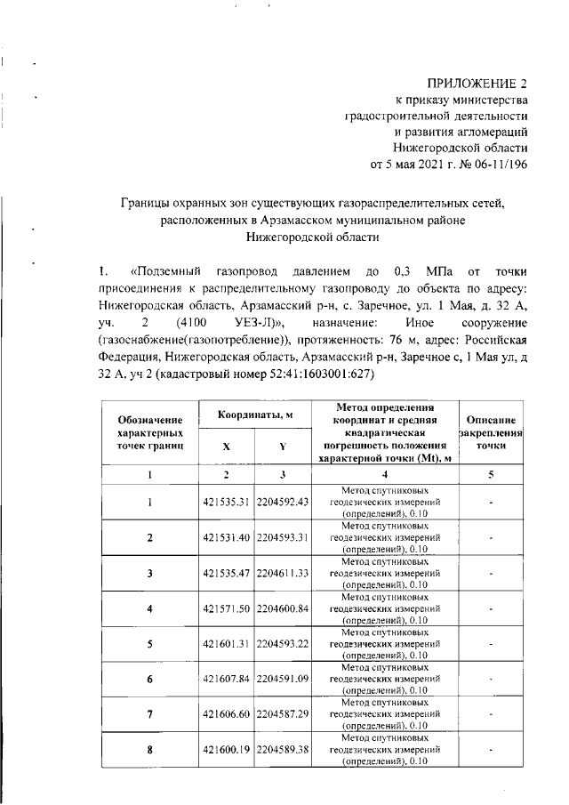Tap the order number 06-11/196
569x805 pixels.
496,164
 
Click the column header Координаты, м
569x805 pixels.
252,414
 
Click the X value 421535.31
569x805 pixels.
226,501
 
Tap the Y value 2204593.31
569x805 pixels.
281,537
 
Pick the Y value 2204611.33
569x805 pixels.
281,574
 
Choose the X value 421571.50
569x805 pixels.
226,609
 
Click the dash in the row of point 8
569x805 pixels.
492,753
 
